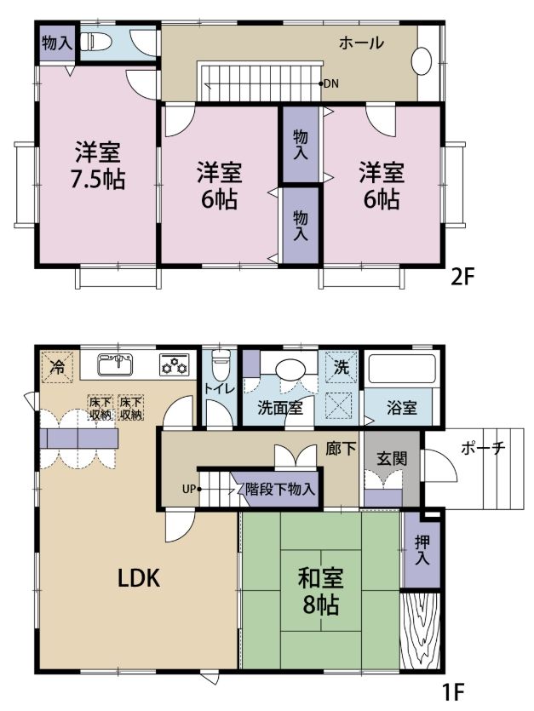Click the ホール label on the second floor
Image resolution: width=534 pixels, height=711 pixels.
tap(361, 43)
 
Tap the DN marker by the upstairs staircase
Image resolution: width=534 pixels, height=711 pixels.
tap(330, 83)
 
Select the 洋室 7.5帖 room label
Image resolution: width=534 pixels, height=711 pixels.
tap(98, 165)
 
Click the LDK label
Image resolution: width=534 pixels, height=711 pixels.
tap(138, 578)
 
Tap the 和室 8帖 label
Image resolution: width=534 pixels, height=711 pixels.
tap(320, 591)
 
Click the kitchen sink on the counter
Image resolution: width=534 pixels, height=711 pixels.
tap(116, 364)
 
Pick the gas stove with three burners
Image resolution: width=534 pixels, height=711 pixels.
tap(175, 364)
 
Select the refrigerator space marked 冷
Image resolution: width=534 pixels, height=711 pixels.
tap(58, 366)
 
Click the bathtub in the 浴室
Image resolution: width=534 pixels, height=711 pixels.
tap(401, 369)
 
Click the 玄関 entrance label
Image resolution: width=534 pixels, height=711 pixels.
tap(392, 459)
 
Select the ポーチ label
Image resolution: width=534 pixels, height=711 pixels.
tap(483, 448)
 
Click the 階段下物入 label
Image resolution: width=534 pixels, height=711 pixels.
tap(280, 490)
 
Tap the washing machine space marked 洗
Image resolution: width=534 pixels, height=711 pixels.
tap(342, 366)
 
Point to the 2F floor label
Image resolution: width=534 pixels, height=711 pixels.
tap(462, 277)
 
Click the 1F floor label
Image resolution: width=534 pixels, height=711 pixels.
tap(454, 691)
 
